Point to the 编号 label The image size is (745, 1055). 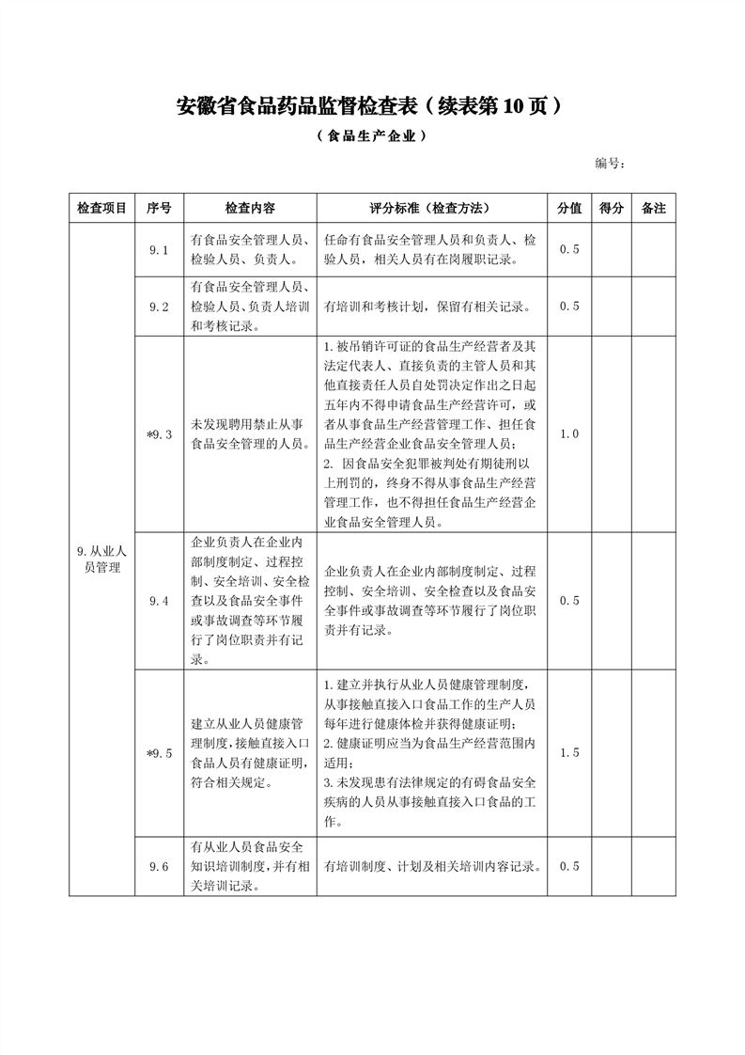click(x=610, y=164)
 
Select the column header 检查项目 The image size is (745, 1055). click(x=101, y=209)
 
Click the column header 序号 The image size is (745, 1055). click(x=159, y=209)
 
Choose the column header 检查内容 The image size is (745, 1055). click(x=250, y=209)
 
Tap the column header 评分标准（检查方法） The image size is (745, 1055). click(x=431, y=209)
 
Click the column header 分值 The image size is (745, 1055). click(x=569, y=209)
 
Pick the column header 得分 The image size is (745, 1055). click(x=612, y=209)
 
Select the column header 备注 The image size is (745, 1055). click(x=654, y=209)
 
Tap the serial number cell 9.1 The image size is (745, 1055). click(x=159, y=249)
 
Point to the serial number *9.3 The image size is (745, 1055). click(x=159, y=433)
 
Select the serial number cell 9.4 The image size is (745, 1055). click(x=159, y=601)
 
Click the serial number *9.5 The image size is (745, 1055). click(x=159, y=753)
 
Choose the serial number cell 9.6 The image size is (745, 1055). click(x=159, y=866)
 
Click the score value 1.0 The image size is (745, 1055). click(x=569, y=433)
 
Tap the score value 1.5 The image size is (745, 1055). click(x=569, y=753)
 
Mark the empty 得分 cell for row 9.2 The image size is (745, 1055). click(x=612, y=306)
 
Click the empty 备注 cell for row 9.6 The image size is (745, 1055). click(x=654, y=866)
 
